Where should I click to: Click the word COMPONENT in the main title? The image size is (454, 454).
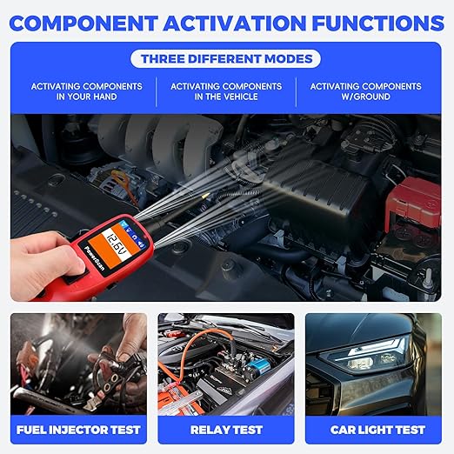pos(83,23)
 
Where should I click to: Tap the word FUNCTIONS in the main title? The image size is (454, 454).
pos(378,23)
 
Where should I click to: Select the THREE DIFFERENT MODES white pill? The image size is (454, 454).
pos(225,59)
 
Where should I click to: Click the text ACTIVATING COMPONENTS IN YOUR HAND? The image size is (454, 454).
pos(86,91)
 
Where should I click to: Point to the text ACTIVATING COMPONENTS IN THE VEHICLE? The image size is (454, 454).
pos(226,91)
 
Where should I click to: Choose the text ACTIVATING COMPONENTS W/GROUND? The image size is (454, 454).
pos(365,91)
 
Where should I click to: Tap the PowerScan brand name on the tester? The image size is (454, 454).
pos(94,257)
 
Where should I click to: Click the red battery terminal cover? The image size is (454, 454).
pos(414,203)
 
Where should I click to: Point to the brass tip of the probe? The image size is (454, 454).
pos(205,197)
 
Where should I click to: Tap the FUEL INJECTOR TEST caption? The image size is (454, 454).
pos(78,430)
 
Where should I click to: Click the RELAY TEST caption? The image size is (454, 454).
pos(226,430)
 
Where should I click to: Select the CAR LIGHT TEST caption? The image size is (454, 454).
pos(377,430)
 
